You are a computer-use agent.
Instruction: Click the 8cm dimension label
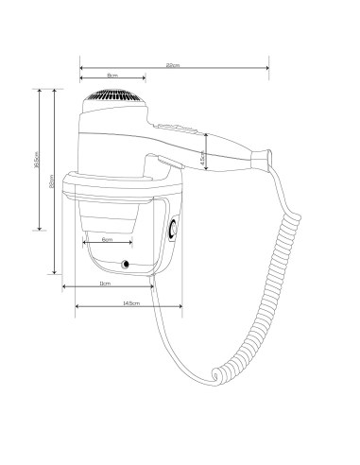pos(111,74)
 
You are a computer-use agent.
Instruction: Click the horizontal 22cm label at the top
pos(173,64)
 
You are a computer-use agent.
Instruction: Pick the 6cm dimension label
pos(106,239)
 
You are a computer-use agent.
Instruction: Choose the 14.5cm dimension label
pos(131,302)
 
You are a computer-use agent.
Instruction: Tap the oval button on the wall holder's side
pos(172,228)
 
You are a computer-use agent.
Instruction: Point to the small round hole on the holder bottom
pos(126,263)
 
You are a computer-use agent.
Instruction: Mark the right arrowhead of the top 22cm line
pos(269,68)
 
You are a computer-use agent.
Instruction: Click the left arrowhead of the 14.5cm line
pos(76,306)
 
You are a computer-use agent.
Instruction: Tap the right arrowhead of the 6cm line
pos(131,244)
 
